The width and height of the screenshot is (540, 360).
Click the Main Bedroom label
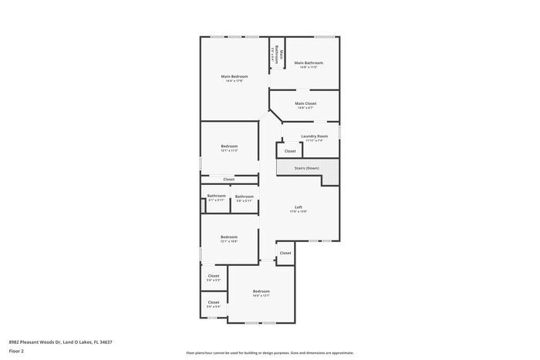[235, 76]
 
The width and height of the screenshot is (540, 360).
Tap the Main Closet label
[305, 103]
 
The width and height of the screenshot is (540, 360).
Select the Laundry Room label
[314, 136]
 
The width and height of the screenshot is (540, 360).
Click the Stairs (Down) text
[306, 168]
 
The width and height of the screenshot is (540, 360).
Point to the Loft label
[299, 207]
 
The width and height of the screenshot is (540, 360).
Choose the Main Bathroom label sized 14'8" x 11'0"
[309, 62]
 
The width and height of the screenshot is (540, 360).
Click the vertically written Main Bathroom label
[282, 54]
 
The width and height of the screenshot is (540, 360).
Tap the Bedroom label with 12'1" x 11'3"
[229, 146]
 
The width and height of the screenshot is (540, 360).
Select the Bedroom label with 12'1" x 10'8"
[229, 237]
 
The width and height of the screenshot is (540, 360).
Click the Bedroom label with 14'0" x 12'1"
[261, 291]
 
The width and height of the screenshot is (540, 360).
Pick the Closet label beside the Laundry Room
[290, 151]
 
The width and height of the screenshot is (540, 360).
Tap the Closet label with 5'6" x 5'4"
[214, 302]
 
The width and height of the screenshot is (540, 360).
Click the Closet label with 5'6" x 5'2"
[214, 275]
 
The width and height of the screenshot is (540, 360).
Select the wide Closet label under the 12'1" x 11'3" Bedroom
[229, 180]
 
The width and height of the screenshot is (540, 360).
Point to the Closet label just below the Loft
[285, 253]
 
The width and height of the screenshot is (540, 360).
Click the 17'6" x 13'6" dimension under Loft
[299, 212]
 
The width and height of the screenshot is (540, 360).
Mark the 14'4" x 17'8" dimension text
[235, 81]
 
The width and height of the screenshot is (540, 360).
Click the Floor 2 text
[16, 351]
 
